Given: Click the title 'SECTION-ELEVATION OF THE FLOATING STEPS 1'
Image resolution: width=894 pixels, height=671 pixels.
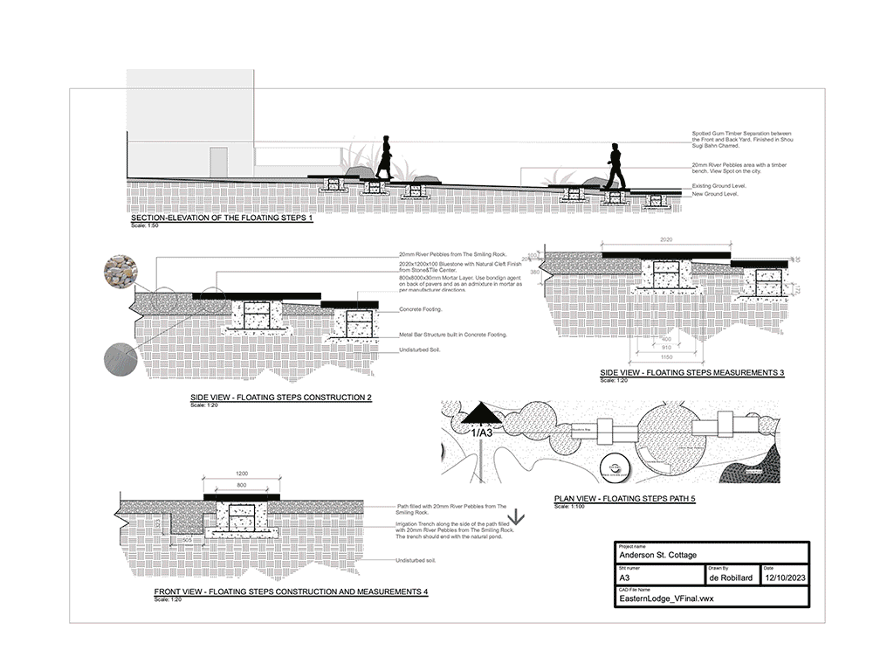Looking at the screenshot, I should [221, 218].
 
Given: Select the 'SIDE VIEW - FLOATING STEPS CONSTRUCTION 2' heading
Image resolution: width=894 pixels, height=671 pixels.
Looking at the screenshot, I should [281, 398].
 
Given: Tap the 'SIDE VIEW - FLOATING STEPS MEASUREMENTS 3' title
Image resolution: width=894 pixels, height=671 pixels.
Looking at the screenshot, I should [692, 373].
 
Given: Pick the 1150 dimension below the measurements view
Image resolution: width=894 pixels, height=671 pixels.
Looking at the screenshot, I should [666, 356].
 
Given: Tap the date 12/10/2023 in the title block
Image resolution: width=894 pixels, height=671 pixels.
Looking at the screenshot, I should [785, 578].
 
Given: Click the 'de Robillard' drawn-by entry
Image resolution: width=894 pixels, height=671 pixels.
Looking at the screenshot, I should [732, 578].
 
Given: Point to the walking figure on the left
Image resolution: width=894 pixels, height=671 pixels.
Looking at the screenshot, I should [384, 158].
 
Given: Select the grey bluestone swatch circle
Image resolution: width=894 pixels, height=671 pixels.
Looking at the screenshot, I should [120, 359].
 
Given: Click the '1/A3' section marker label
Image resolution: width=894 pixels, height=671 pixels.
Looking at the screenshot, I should [482, 432].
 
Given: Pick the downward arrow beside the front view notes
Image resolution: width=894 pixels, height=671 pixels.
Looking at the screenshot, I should [515, 517].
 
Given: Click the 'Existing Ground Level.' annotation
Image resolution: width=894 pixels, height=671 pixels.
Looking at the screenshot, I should [719, 186].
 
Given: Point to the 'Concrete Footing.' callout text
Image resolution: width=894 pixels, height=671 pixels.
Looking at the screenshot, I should [421, 309].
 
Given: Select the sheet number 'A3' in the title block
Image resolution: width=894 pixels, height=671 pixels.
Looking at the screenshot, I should [625, 578].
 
